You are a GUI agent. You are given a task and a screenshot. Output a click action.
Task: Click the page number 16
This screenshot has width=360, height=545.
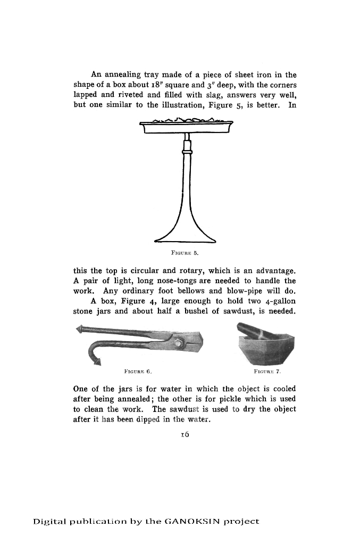[x=185, y=434]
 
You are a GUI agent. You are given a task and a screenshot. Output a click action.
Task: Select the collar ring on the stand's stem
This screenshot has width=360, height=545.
[x=186, y=151]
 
